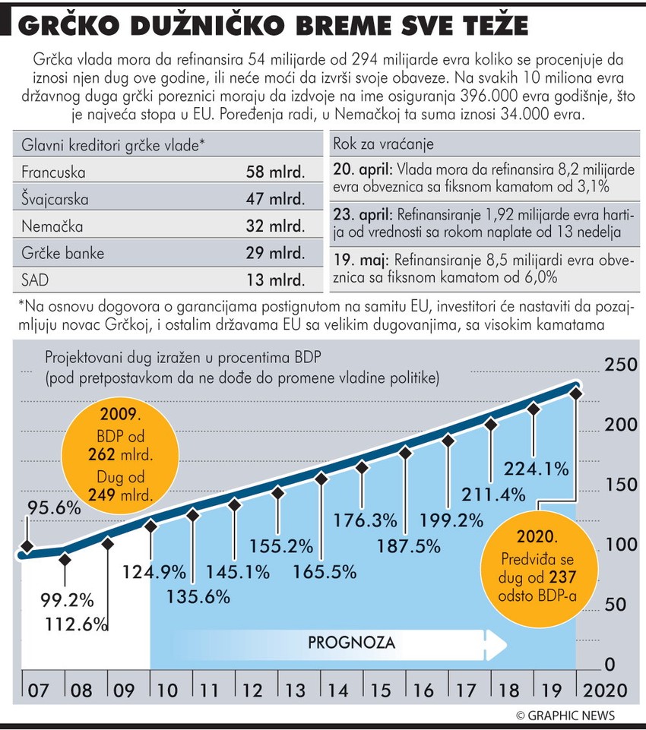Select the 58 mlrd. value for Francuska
274,172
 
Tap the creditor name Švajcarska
55,199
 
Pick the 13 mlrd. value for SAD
274,280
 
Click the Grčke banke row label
63,253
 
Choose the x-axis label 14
340,690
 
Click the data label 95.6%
54,508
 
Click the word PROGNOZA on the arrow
351,643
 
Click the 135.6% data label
198,597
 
